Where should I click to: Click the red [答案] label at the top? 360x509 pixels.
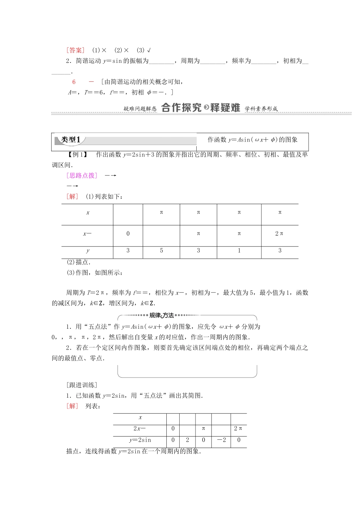(75, 50)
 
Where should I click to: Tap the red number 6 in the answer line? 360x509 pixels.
(74, 82)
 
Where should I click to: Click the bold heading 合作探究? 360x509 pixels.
(181, 108)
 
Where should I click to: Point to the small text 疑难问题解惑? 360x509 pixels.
(140, 109)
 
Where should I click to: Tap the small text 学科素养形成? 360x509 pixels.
(261, 109)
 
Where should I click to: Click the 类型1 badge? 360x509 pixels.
(70, 140)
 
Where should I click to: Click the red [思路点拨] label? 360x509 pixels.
(81, 175)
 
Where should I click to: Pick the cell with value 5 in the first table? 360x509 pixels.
(161, 250)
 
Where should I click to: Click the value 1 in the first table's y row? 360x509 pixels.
(239, 250)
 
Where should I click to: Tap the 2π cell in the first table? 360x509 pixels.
(279, 234)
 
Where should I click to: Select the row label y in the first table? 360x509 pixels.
(88, 251)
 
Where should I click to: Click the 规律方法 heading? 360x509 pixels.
(161, 315)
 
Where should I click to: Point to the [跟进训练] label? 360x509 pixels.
(81, 385)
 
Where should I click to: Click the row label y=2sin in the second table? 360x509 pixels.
(140, 440)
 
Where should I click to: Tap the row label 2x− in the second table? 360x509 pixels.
(139, 429)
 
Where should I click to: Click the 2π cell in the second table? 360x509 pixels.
(238, 429)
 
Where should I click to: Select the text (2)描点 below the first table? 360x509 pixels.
(78, 262)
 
